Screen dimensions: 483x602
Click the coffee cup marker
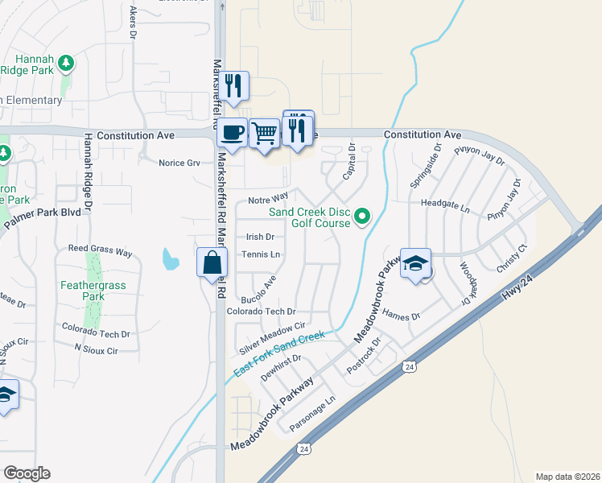point(233,132)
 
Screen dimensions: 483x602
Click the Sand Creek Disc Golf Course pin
point(361,216)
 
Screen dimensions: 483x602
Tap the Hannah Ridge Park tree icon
point(66,62)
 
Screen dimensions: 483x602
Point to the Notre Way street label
point(268,198)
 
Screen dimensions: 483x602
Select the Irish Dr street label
point(260,237)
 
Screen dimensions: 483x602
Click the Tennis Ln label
point(261,254)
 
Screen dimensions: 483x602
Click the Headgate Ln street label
point(443,206)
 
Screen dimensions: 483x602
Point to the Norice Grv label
point(179,163)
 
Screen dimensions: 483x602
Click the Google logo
point(27,473)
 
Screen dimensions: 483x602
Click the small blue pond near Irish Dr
point(170,259)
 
